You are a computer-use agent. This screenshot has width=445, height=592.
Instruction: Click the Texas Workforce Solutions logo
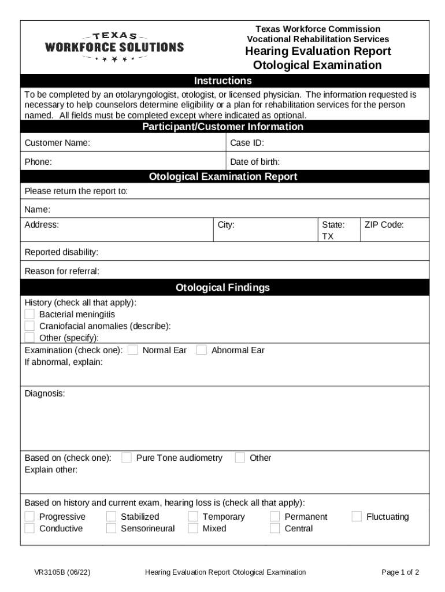114,46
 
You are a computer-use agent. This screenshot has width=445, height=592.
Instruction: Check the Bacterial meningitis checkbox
30,314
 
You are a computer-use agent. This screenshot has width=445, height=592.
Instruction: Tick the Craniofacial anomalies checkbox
30,325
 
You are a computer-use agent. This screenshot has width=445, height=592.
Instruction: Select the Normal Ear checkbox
133,350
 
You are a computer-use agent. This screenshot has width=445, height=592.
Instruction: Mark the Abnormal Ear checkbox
202,350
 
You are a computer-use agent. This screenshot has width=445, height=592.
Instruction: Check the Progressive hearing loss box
30,516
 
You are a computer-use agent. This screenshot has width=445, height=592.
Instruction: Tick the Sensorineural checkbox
112,528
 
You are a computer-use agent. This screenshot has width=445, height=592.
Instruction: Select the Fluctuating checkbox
357,516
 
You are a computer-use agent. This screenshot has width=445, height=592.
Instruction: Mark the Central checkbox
275,528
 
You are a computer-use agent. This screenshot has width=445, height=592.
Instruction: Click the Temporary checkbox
193,516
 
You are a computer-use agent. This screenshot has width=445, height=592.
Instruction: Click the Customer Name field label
57,143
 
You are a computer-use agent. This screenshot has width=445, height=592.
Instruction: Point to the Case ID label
247,143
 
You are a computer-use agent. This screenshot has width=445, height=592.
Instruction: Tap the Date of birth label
255,162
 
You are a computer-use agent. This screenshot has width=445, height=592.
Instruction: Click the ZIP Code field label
384,224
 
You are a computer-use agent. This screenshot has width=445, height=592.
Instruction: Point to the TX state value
327,236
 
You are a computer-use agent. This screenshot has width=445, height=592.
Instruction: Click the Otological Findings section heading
222,287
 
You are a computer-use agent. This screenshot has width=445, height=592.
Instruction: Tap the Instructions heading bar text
222,80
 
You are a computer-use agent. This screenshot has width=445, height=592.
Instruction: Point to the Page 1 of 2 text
400,572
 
